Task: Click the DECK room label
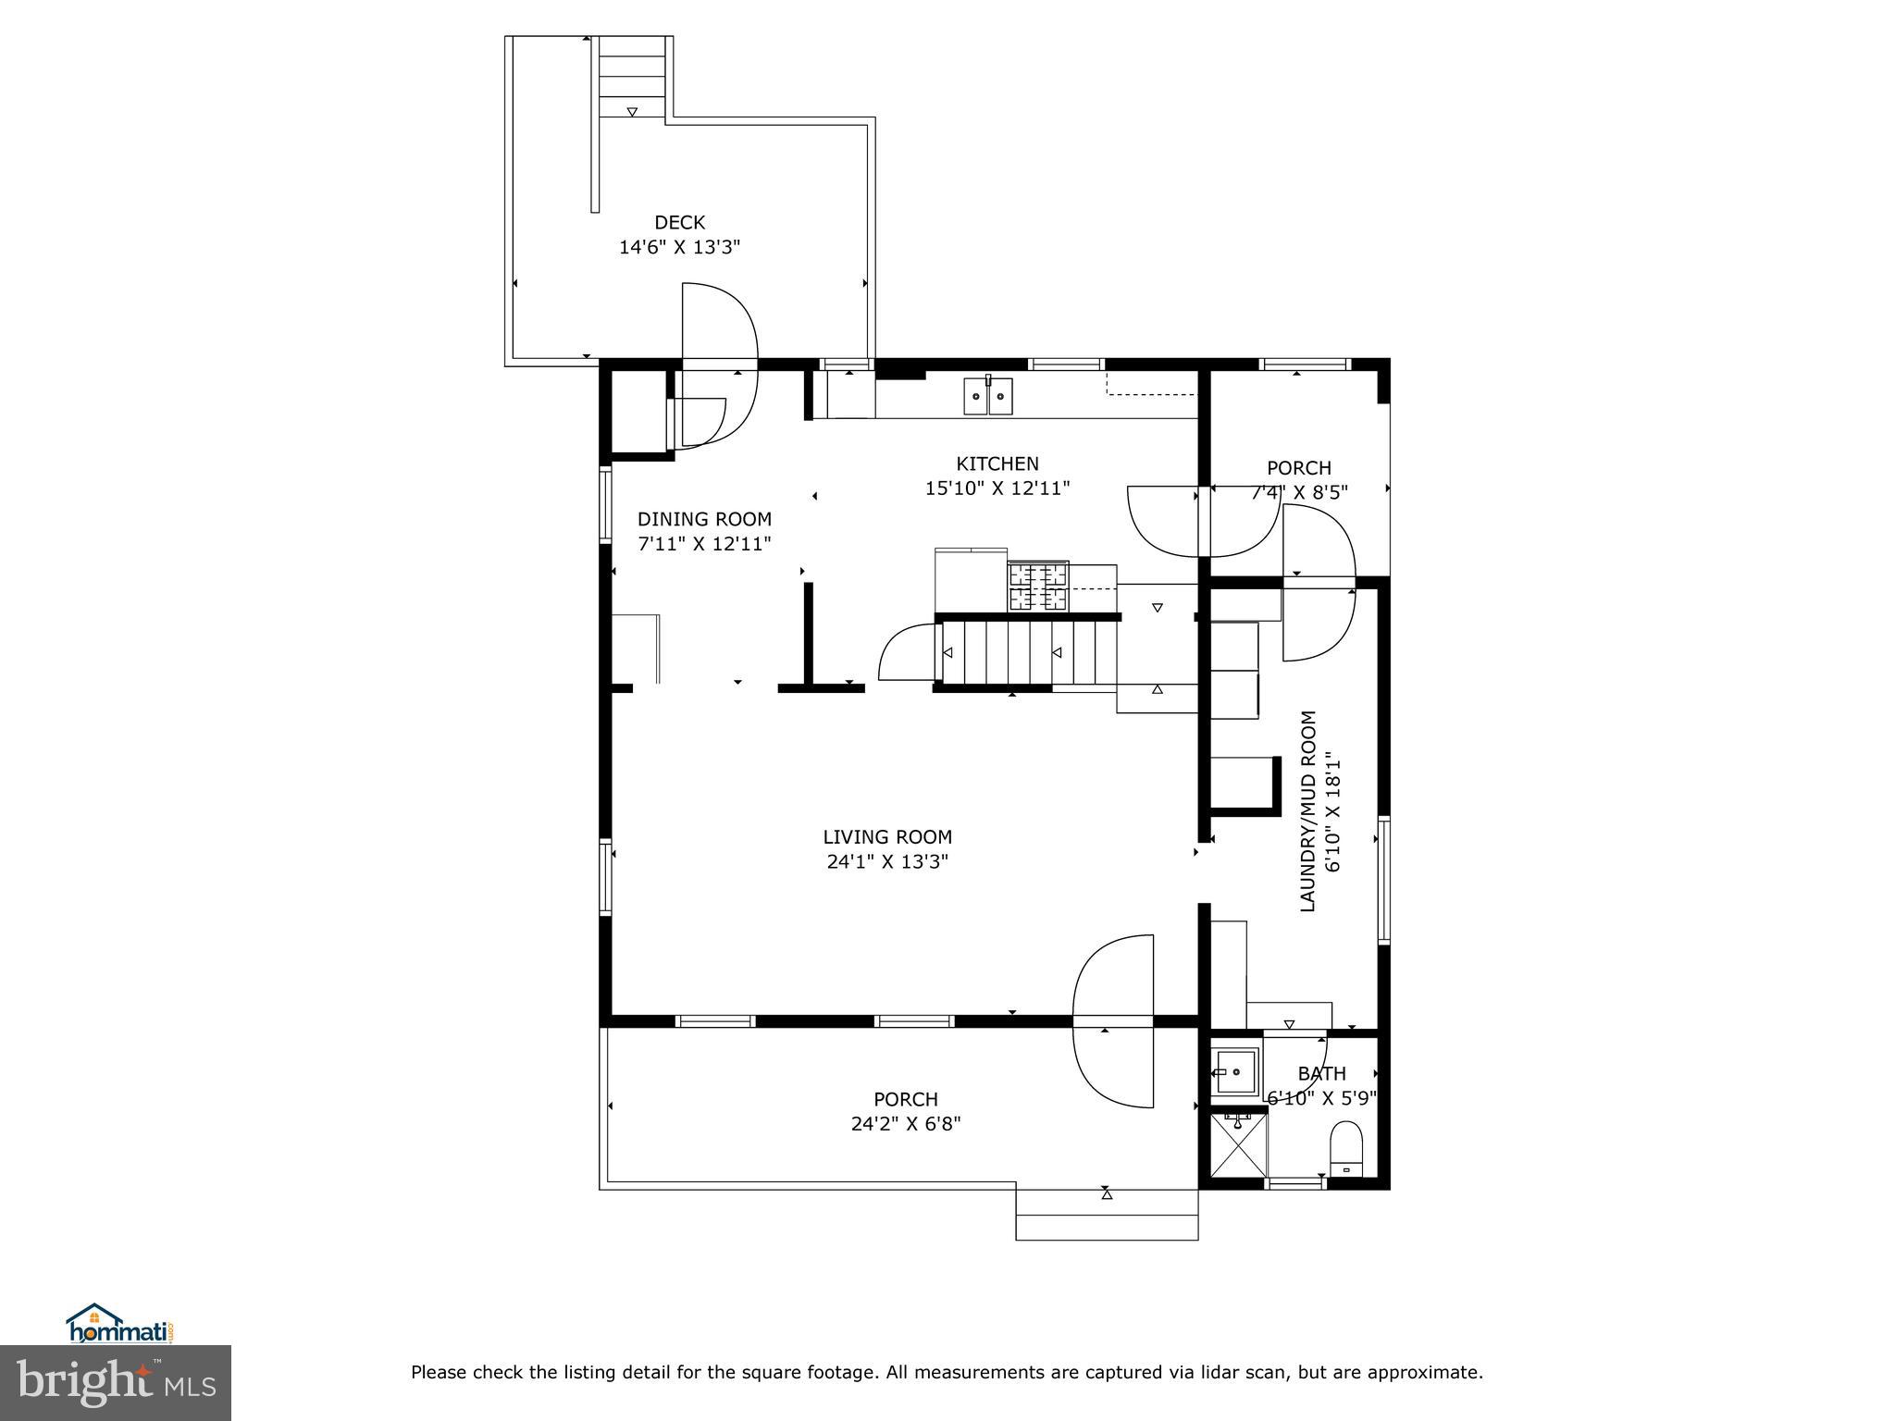tap(679, 222)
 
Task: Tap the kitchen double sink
tap(988, 396)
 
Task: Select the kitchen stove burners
tap(1038, 587)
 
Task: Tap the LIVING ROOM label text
tap(887, 837)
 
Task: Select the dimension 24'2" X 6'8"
tap(906, 1124)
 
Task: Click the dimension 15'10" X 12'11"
tap(997, 488)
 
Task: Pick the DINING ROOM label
tap(704, 519)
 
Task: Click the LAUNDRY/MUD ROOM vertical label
tap(1307, 811)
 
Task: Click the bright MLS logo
tap(115, 1382)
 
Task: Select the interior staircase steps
tap(1018, 652)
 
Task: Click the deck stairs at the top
tap(632, 78)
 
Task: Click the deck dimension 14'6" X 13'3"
tap(679, 247)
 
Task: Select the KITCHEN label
tap(997, 463)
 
